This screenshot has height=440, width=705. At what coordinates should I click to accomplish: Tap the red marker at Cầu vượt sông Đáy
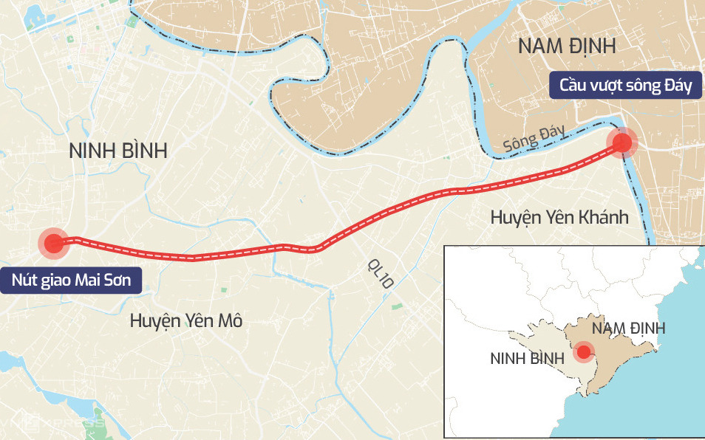coord(622,142)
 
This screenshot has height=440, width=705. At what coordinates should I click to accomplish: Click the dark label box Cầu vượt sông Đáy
coord(625,86)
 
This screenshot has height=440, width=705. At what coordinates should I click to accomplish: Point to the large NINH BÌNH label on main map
coord(118,151)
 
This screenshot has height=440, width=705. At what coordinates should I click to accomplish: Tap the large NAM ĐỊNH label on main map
coord(567,46)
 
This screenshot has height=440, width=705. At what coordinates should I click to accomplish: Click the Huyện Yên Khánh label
coord(559,218)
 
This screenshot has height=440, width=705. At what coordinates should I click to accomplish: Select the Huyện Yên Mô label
coord(185,320)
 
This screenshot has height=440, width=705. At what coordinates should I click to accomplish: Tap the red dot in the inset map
coord(584,352)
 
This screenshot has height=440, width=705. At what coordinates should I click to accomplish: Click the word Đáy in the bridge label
coord(675,86)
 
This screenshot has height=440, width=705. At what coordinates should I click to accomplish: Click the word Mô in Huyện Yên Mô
coord(229,320)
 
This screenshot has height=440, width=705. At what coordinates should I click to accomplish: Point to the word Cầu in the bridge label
coord(574,86)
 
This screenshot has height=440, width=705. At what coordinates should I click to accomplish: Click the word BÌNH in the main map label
coord(145,151)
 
